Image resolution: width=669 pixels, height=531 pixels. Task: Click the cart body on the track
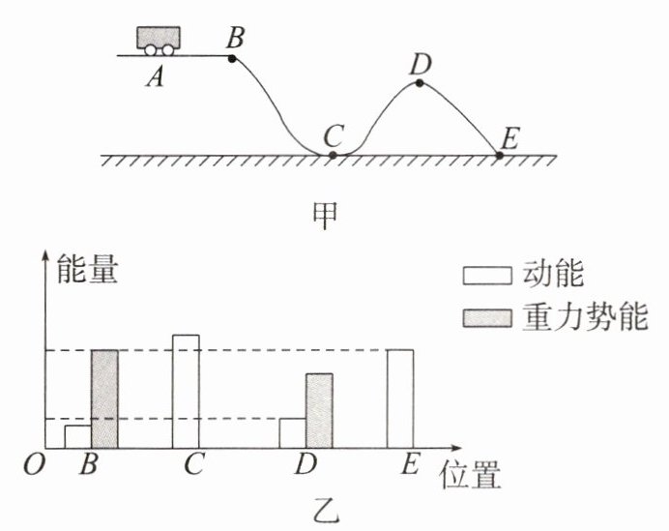[159, 37]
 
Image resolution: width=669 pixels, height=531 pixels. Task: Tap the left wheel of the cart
[150, 50]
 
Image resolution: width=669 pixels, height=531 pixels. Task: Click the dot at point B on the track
[232, 58]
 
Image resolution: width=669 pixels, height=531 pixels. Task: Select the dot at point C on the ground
[334, 155]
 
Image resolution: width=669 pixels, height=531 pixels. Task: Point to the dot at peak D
[420, 83]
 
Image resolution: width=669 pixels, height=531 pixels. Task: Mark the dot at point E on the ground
[499, 156]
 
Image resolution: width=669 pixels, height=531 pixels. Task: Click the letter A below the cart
[155, 78]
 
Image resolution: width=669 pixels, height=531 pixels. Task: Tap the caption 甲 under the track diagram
[325, 215]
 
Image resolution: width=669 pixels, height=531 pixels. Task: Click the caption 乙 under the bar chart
[327, 511]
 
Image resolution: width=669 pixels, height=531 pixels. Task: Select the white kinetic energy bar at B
[78, 436]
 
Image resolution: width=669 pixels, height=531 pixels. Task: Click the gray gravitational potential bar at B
[105, 399]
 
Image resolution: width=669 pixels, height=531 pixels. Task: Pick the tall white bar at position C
[186, 392]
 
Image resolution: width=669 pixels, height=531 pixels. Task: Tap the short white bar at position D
[293, 433]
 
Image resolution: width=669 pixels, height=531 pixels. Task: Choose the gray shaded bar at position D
[320, 411]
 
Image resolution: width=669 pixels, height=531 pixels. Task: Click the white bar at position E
[400, 399]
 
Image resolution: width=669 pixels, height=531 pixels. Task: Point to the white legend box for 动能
[487, 276]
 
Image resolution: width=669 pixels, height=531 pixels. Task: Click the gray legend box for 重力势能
[487, 318]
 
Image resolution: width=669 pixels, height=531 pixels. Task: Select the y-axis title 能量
[87, 269]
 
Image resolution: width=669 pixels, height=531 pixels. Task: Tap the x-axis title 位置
[470, 475]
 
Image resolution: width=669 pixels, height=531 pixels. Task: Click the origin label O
[34, 464]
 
